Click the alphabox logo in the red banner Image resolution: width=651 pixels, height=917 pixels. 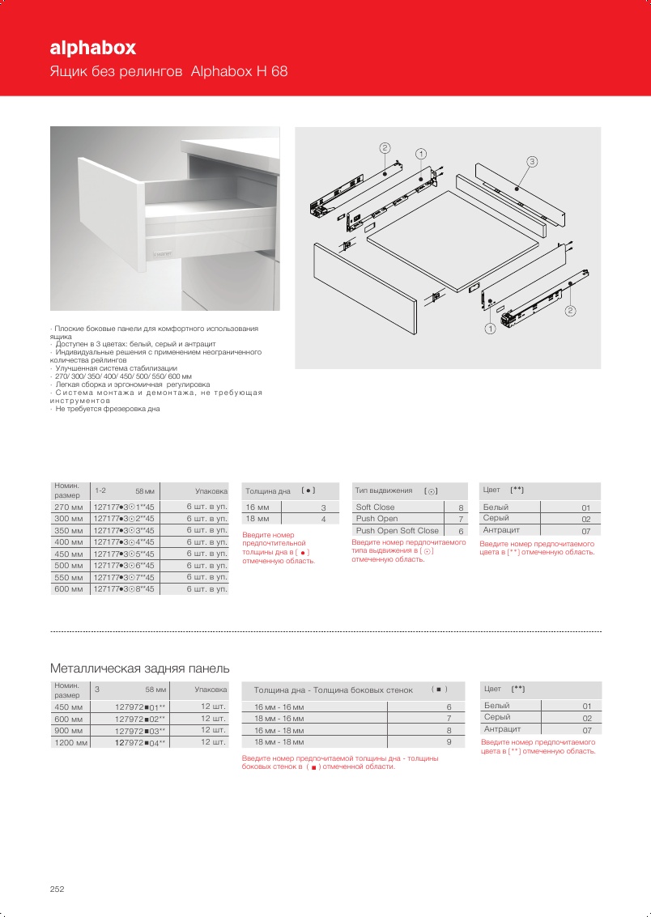coord(92,48)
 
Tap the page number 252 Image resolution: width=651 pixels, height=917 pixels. coord(57,889)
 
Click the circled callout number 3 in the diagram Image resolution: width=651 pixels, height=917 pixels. coord(531,162)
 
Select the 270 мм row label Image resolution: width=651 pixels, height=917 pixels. coord(68,507)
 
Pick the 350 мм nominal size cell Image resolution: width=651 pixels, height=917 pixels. coord(68,530)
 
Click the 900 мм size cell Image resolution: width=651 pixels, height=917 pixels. coord(68,730)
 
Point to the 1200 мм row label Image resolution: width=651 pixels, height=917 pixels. coord(70,742)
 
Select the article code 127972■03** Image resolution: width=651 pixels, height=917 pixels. coord(140,730)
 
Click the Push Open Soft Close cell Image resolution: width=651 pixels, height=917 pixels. coord(397,531)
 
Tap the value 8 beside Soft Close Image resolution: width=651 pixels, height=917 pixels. coord(461,507)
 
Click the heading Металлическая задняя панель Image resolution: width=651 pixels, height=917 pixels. coord(140,669)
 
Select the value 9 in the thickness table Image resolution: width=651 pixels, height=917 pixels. coord(449,741)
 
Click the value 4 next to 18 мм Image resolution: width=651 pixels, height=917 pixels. coord(323,519)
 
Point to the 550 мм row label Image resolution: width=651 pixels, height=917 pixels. coord(68,577)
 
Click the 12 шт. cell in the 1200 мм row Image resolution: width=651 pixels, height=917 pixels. coord(212,742)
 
